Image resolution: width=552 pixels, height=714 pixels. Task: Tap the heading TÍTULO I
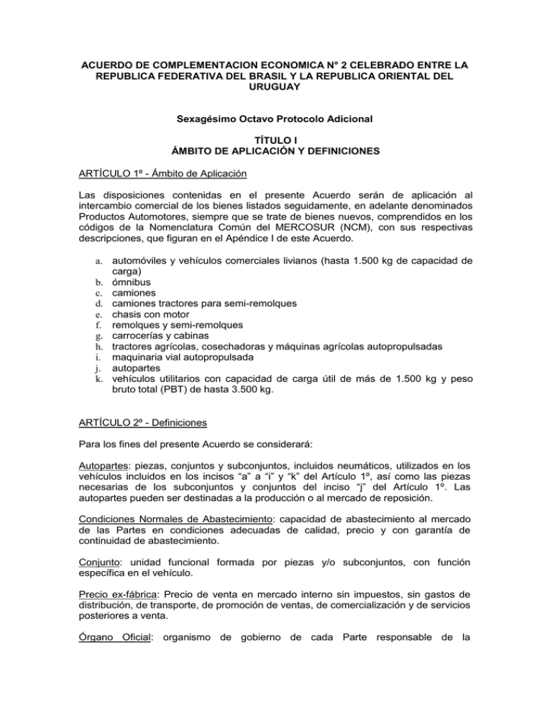[276, 143]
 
